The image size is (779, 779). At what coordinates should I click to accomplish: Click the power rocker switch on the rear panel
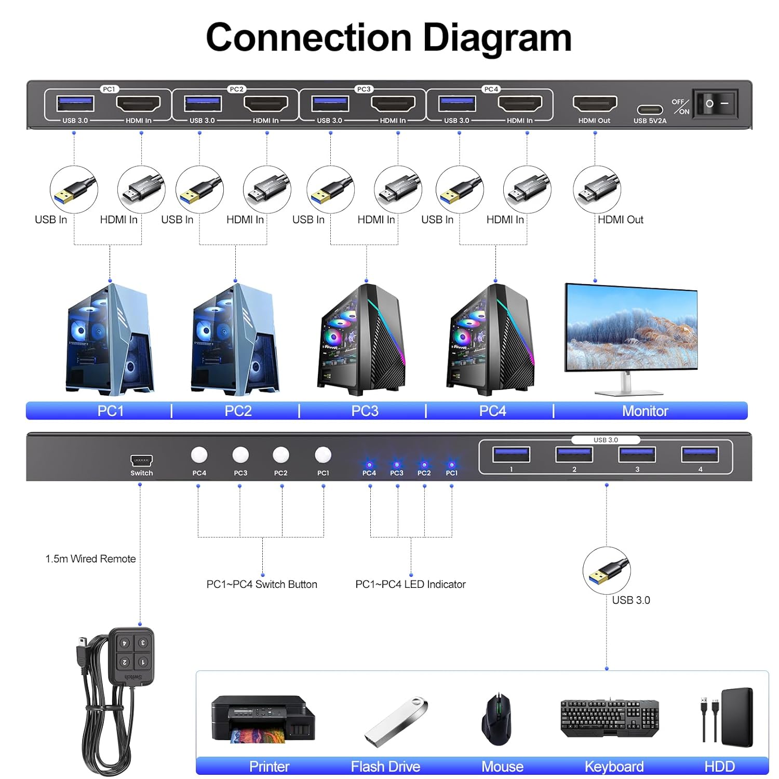[716, 104]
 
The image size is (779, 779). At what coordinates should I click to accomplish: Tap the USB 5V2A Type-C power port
[650, 110]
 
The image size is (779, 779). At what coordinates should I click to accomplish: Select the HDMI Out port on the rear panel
[595, 104]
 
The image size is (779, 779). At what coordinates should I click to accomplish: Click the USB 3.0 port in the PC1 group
[75, 104]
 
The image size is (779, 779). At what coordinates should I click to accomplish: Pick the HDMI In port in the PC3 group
[393, 104]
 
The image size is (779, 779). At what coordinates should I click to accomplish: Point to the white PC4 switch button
[199, 455]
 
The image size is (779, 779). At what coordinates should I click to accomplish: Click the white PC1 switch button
[323, 455]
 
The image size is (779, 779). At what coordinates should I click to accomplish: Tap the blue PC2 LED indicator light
[424, 465]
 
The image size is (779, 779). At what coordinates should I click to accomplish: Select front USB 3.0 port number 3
[637, 454]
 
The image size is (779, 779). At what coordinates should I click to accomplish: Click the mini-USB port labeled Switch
[141, 461]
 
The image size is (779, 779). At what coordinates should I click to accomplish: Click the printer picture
[263, 719]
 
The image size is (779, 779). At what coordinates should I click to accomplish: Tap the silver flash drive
[396, 722]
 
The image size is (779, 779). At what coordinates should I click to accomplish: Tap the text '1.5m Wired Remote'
[90, 559]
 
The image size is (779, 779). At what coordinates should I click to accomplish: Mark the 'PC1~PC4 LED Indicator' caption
[410, 584]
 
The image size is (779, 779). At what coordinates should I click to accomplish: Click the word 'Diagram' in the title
[497, 37]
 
